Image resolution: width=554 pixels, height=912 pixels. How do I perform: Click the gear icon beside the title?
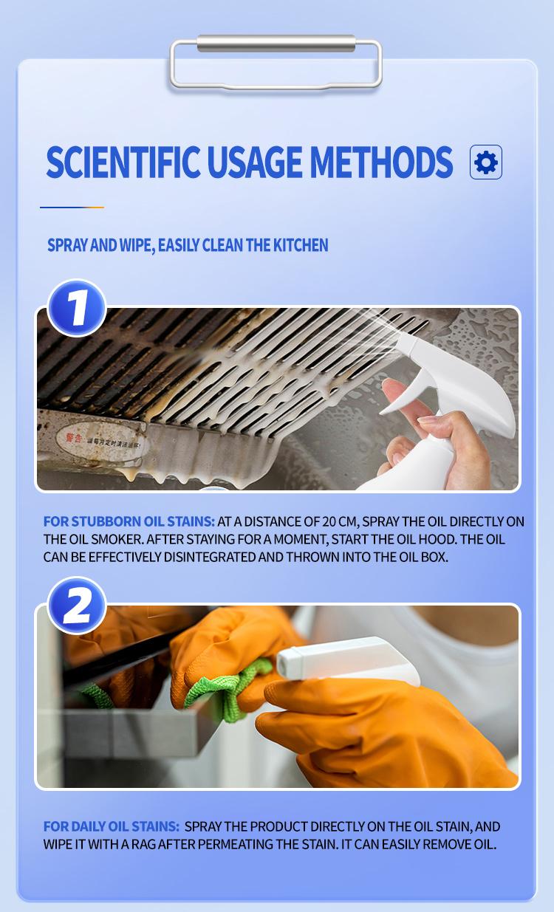[485, 162]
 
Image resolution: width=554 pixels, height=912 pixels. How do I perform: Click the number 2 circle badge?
[77, 606]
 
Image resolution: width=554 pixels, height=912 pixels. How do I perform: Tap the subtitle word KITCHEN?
[301, 245]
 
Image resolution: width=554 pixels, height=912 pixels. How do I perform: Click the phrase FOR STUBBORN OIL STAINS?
[129, 521]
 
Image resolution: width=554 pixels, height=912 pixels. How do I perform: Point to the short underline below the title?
[72, 208]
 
